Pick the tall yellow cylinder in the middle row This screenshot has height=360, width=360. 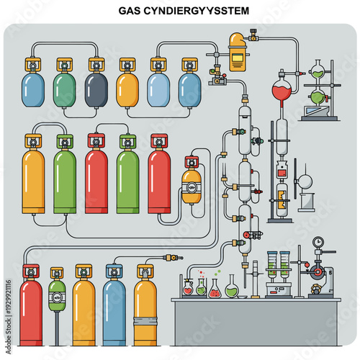[33, 180]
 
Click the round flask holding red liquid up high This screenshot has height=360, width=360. [281, 94]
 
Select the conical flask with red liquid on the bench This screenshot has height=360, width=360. [215, 289]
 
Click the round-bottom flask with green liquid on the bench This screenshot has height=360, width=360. [231, 289]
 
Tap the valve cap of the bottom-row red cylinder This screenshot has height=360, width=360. [30, 271]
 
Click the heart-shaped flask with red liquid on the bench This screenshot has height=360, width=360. [188, 288]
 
